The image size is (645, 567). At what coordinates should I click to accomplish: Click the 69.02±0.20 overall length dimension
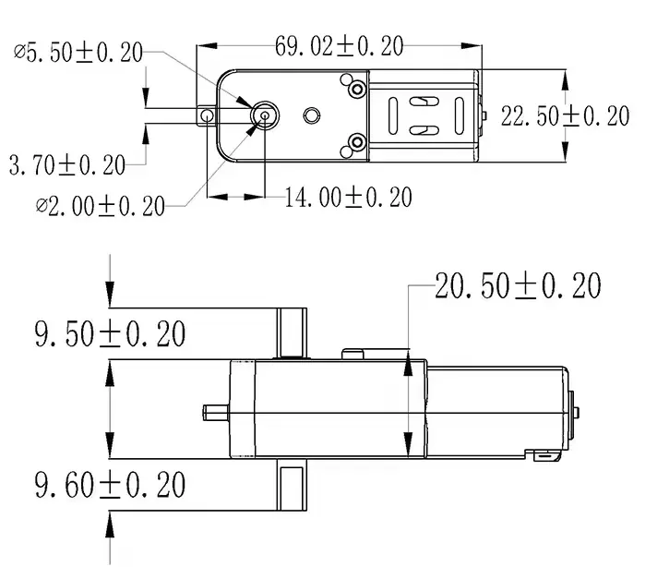pyautogui.click(x=340, y=44)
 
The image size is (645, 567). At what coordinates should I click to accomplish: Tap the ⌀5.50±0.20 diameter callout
pyautogui.click(x=78, y=52)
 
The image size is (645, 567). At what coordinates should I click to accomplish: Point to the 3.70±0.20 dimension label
pyautogui.click(x=67, y=165)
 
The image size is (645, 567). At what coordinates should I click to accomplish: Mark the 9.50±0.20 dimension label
pyautogui.click(x=110, y=333)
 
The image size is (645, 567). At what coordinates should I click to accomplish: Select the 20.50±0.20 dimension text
pyautogui.click(x=518, y=286)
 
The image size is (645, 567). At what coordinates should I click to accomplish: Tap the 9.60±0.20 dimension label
pyautogui.click(x=110, y=483)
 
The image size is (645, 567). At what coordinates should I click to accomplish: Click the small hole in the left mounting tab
pyautogui.click(x=208, y=115)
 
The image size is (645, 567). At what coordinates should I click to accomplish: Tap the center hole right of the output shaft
pyautogui.click(x=312, y=115)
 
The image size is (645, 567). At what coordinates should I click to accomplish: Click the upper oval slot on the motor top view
pyautogui.click(x=424, y=100)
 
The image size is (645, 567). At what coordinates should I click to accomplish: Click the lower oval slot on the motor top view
pyautogui.click(x=424, y=131)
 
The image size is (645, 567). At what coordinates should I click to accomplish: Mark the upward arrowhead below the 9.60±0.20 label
pyautogui.click(x=110, y=524)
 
